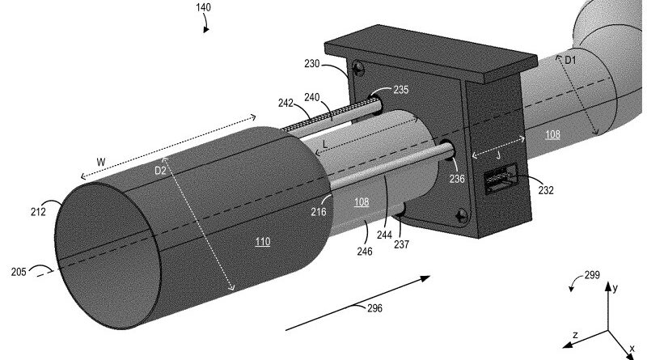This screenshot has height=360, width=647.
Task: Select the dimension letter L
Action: pos(325,142)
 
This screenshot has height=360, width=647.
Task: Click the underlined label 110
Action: pos(263,241)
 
